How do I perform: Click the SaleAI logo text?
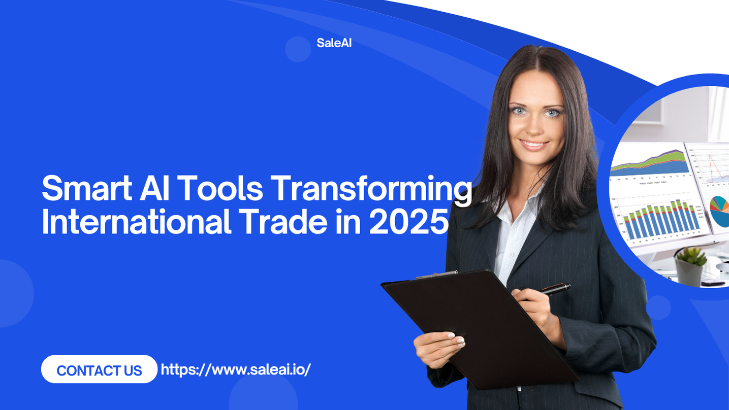(x=334, y=43)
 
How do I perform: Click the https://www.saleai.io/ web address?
(x=236, y=369)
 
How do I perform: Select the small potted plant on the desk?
(x=691, y=264)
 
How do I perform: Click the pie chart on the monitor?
(x=719, y=211)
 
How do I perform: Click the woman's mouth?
(x=534, y=144)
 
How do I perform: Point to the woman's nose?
(x=535, y=127)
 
